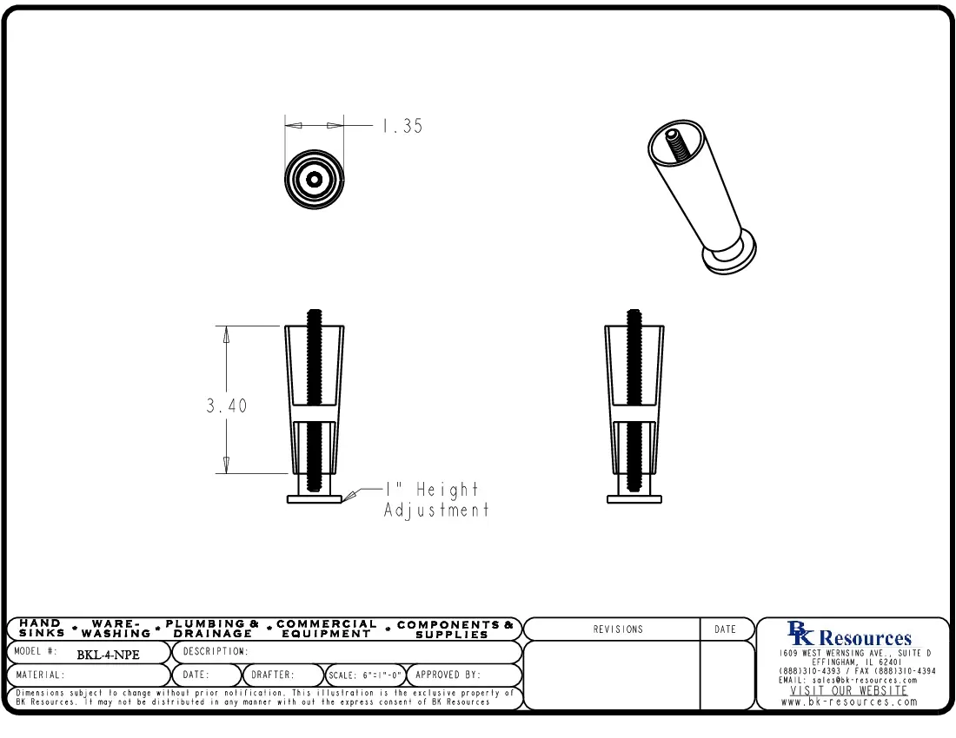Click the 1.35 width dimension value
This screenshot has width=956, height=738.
pyautogui.click(x=402, y=126)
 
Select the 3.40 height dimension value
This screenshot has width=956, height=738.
pyautogui.click(x=226, y=405)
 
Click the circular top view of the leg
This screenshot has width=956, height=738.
pyautogui.click(x=315, y=180)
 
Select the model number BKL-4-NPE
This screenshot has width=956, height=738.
pyautogui.click(x=108, y=655)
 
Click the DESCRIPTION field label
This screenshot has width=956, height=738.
pyautogui.click(x=216, y=651)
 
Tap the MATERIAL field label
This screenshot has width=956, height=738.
pyautogui.click(x=40, y=675)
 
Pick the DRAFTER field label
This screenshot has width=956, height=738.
pyautogui.click(x=273, y=675)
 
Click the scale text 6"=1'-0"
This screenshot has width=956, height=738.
pyautogui.click(x=365, y=675)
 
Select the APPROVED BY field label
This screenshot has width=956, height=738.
pyautogui.click(x=448, y=675)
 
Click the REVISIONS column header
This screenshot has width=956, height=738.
pyautogui.click(x=618, y=629)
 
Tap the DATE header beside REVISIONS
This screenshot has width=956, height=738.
pyautogui.click(x=725, y=629)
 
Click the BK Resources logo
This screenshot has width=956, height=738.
pyautogui.click(x=849, y=636)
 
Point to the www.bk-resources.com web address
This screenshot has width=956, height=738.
pyautogui.click(x=849, y=702)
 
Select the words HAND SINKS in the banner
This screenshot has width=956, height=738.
pyautogui.click(x=41, y=629)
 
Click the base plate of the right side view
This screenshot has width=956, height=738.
pyautogui.click(x=634, y=498)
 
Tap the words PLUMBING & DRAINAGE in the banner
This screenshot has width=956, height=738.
pyautogui.click(x=212, y=629)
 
